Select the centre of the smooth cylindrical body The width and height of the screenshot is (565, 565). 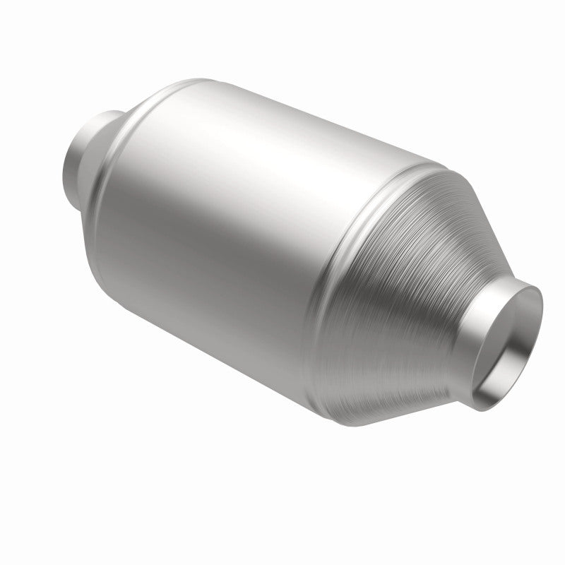click(233, 226)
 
